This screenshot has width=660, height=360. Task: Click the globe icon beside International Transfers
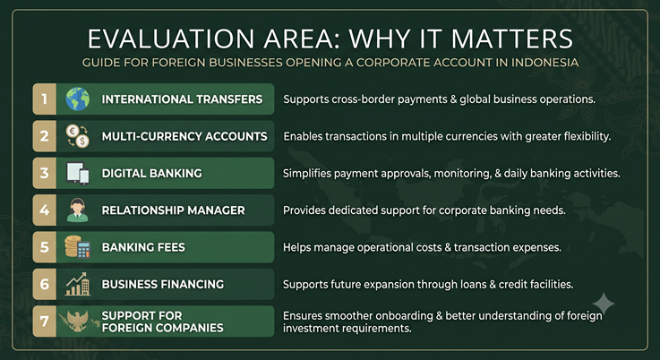[77, 99]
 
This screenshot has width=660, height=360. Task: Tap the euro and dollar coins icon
[78, 136]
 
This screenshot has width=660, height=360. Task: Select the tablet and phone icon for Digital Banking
[78, 173]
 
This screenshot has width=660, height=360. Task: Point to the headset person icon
[77, 210]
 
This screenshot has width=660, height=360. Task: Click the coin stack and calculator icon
[77, 247]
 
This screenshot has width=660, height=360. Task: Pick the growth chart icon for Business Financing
[78, 284]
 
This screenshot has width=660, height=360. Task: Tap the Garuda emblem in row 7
[77, 321]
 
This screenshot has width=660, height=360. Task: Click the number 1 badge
[44, 99]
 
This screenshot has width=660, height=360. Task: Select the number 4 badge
[44, 210]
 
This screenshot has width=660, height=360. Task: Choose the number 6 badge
[44, 284]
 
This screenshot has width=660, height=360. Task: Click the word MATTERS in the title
[512, 39]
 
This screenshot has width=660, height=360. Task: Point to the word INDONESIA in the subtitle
[545, 63]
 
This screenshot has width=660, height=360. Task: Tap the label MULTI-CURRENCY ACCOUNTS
[184, 136]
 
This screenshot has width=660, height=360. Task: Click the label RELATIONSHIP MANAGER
[173, 210]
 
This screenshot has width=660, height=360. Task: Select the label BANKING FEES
[143, 247]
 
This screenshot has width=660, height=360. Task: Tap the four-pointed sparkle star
[604, 304]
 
